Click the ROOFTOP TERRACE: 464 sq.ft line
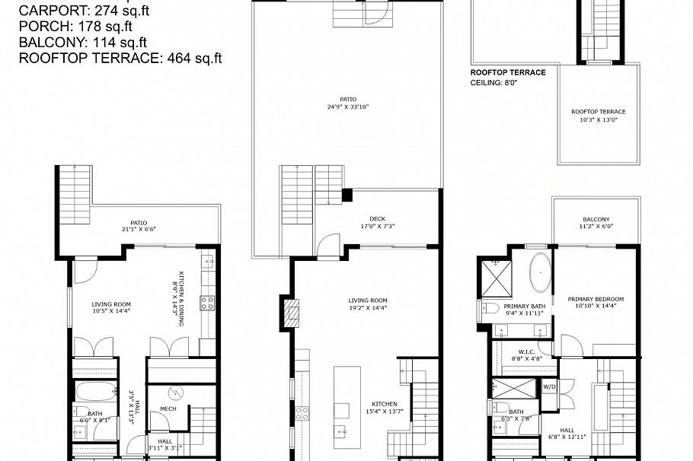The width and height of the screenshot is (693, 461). coord(120,57)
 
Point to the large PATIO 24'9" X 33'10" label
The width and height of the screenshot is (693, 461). coord(348,102)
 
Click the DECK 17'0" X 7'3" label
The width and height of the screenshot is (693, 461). coord(378,222)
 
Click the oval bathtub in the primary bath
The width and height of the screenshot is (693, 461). coord(539,275)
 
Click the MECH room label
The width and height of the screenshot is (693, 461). coord(168,409)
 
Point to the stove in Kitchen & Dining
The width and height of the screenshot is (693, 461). coord(207,303)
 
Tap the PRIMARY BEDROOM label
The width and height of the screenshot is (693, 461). coord(596,303)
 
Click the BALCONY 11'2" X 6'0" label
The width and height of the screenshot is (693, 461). coord(596,223)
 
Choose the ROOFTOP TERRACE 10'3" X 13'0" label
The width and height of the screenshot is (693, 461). coord(598,116)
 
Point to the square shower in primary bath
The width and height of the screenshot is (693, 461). coord(496,278)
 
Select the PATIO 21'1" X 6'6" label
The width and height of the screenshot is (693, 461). coord(139,226)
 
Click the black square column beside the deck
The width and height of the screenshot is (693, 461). coord(347,195)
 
